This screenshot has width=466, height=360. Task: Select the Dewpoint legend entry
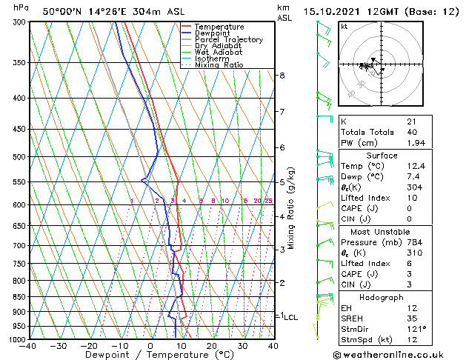215,33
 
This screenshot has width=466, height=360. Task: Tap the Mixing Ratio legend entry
219,65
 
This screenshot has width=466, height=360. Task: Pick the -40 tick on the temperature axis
28,346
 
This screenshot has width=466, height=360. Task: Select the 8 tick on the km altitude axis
282,76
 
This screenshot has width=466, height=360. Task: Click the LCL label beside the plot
291,317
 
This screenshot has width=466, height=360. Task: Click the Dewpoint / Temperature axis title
151,356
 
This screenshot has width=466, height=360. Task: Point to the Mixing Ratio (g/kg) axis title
291,208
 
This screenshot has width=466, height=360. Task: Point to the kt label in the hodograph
344,26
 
